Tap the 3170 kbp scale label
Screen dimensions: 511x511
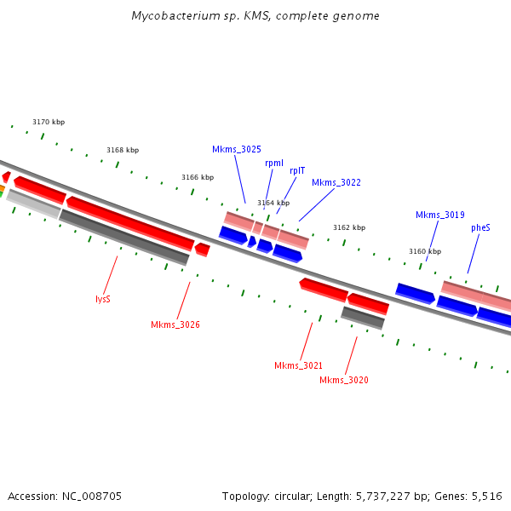click(49, 123)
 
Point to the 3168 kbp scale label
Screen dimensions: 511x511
click(123, 151)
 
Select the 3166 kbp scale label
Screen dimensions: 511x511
click(198, 178)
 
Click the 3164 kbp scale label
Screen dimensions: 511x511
click(273, 204)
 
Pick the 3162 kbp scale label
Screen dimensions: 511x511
click(348, 228)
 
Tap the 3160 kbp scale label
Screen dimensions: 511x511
click(425, 252)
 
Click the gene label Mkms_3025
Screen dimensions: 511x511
click(237, 150)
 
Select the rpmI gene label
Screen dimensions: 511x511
click(274, 163)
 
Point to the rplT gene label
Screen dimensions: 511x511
click(297, 170)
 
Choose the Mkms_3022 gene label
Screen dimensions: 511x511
click(336, 182)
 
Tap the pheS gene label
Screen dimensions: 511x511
click(480, 228)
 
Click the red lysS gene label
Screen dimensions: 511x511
click(103, 300)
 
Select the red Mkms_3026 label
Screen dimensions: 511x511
click(175, 325)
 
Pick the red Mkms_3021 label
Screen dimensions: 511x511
click(298, 366)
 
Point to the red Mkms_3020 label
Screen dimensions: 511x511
click(344, 381)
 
